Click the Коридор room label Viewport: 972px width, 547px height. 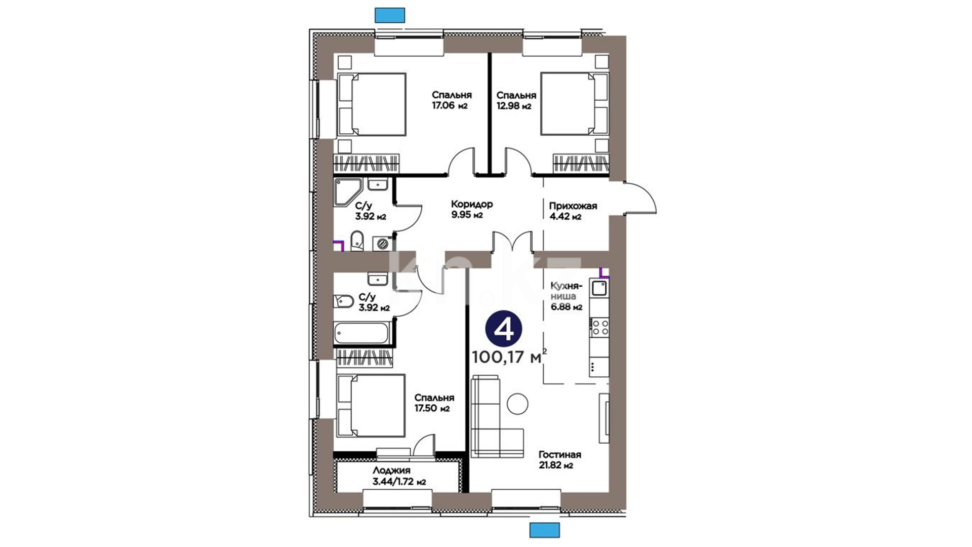coord(472,204)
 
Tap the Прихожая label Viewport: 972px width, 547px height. coord(573,206)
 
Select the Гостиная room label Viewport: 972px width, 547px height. coord(559,455)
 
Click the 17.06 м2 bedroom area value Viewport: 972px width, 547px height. coord(449,106)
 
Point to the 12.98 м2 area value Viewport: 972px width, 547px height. coord(513,106)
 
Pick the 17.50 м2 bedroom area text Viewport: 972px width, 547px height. coord(432,409)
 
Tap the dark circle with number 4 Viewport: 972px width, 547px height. coord(503,330)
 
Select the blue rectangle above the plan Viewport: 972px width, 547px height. coord(390,15)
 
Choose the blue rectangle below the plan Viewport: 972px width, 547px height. coord(545,530)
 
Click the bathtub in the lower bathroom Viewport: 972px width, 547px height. coord(361,333)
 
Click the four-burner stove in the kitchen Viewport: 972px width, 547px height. coord(599,327)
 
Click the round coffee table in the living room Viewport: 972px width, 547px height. coord(518,404)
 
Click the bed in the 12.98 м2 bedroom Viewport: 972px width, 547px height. coord(575,104)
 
